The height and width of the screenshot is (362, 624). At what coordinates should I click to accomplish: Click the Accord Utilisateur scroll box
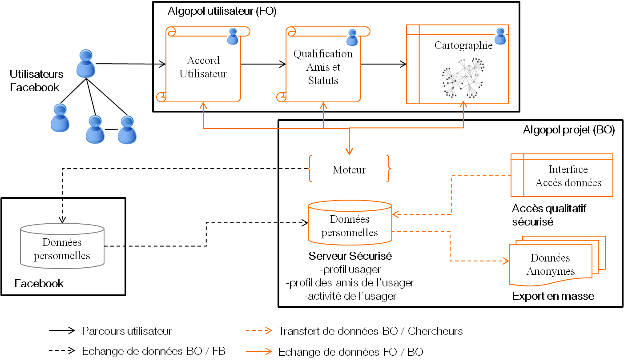[203, 67]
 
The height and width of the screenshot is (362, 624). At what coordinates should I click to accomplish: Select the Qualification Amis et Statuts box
[323, 67]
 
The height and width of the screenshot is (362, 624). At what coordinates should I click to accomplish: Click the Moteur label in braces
[349, 169]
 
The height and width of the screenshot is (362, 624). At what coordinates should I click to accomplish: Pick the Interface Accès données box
[562, 176]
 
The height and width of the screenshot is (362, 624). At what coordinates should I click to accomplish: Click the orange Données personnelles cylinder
[350, 225]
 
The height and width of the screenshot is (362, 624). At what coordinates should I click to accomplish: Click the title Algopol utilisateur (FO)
[222, 12]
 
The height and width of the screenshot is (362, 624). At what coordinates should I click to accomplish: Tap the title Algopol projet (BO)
[569, 130]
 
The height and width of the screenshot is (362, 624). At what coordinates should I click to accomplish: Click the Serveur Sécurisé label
[350, 257]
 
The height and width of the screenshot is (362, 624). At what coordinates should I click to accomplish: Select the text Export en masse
[553, 296]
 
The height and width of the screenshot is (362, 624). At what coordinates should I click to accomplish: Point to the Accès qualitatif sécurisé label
[549, 215]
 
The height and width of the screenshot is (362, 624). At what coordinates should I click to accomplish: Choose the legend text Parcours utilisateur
[127, 331]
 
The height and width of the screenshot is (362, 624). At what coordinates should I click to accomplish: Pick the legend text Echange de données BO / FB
[153, 351]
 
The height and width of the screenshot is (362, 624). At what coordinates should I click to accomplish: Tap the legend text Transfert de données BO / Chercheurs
[370, 331]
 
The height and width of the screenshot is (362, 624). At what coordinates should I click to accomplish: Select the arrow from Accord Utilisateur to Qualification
[263, 64]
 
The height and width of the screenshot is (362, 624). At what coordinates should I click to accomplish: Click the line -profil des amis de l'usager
[350, 282]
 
